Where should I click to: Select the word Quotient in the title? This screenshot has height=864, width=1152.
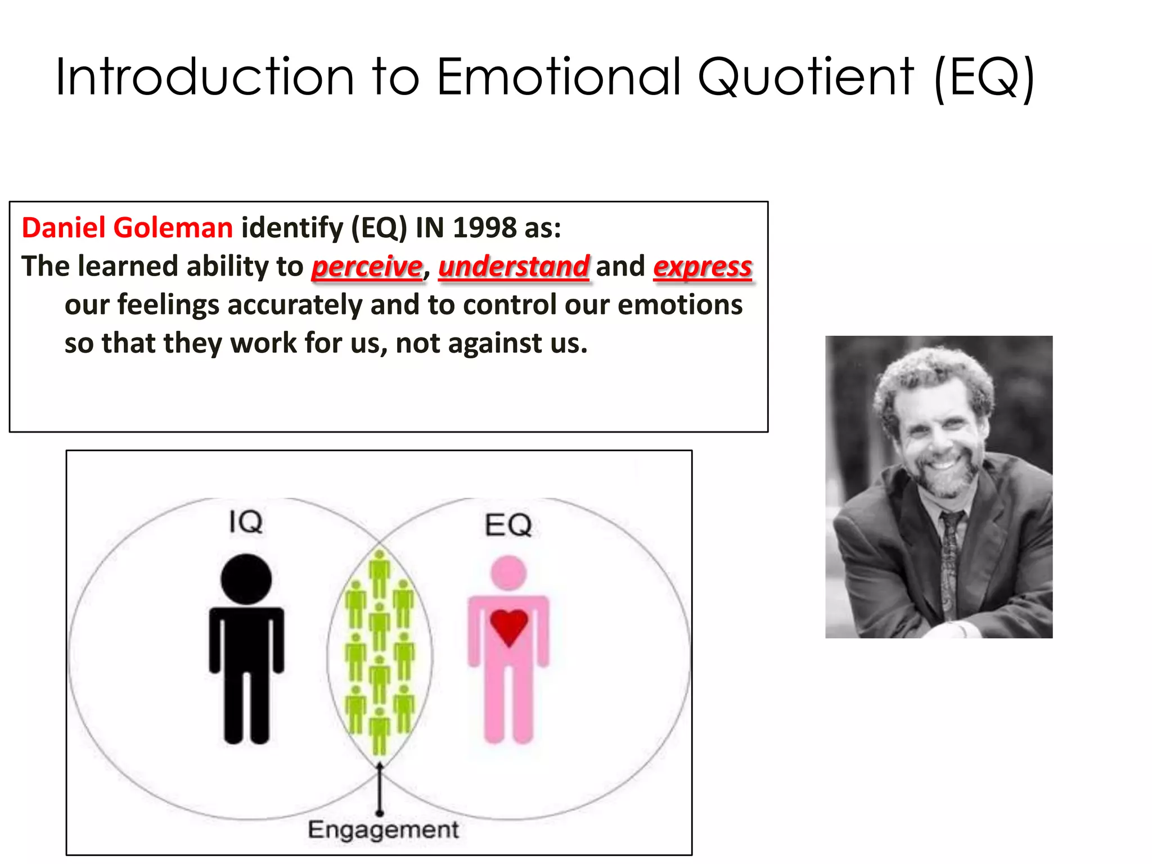click(805, 77)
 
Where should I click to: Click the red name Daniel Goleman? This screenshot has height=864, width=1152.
click(127, 228)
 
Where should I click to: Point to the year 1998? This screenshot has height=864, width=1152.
click(484, 228)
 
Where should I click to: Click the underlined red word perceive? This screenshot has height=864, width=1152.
click(367, 267)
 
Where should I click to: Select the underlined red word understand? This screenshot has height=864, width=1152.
click(514, 267)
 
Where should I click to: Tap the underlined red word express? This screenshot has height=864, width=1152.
click(703, 267)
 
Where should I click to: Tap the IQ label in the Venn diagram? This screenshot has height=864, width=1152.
click(246, 522)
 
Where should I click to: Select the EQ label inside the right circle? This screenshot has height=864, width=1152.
click(508, 525)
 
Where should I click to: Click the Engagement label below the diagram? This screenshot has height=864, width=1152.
click(383, 830)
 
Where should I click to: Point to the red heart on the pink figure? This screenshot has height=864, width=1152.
click(508, 625)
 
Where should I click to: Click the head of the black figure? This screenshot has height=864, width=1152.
click(246, 579)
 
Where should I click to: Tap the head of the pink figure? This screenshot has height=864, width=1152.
click(508, 573)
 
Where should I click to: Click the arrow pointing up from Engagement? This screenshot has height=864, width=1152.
click(380, 787)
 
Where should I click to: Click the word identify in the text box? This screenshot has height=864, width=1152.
click(292, 228)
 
